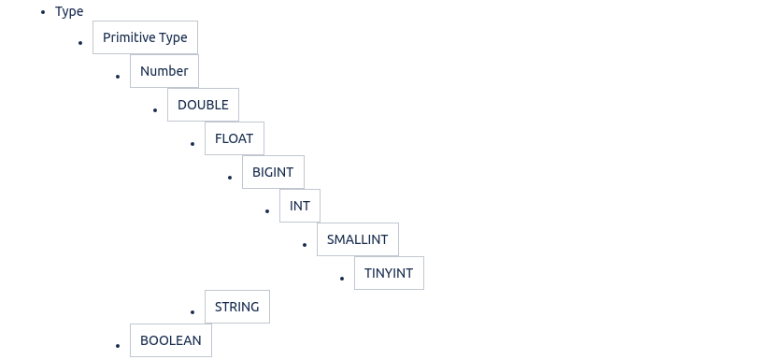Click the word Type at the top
coord(69,11)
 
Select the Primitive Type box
coord(146,37)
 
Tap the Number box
coord(164,71)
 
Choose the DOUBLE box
coord(204,105)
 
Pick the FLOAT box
coord(235,138)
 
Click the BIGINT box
coord(273,172)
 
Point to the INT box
coord(300,206)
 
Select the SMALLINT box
coord(358,239)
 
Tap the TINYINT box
coord(389,273)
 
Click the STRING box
coord(237,307)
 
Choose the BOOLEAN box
coord(171,340)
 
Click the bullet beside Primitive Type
coord(80,43)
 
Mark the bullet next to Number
coord(118,77)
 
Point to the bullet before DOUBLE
coord(155,110)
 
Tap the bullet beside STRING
coord(192,312)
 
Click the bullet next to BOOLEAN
coord(118,346)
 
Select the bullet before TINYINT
coord(342,279)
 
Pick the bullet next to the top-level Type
coord(43,12)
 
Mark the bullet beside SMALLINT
coord(305,245)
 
